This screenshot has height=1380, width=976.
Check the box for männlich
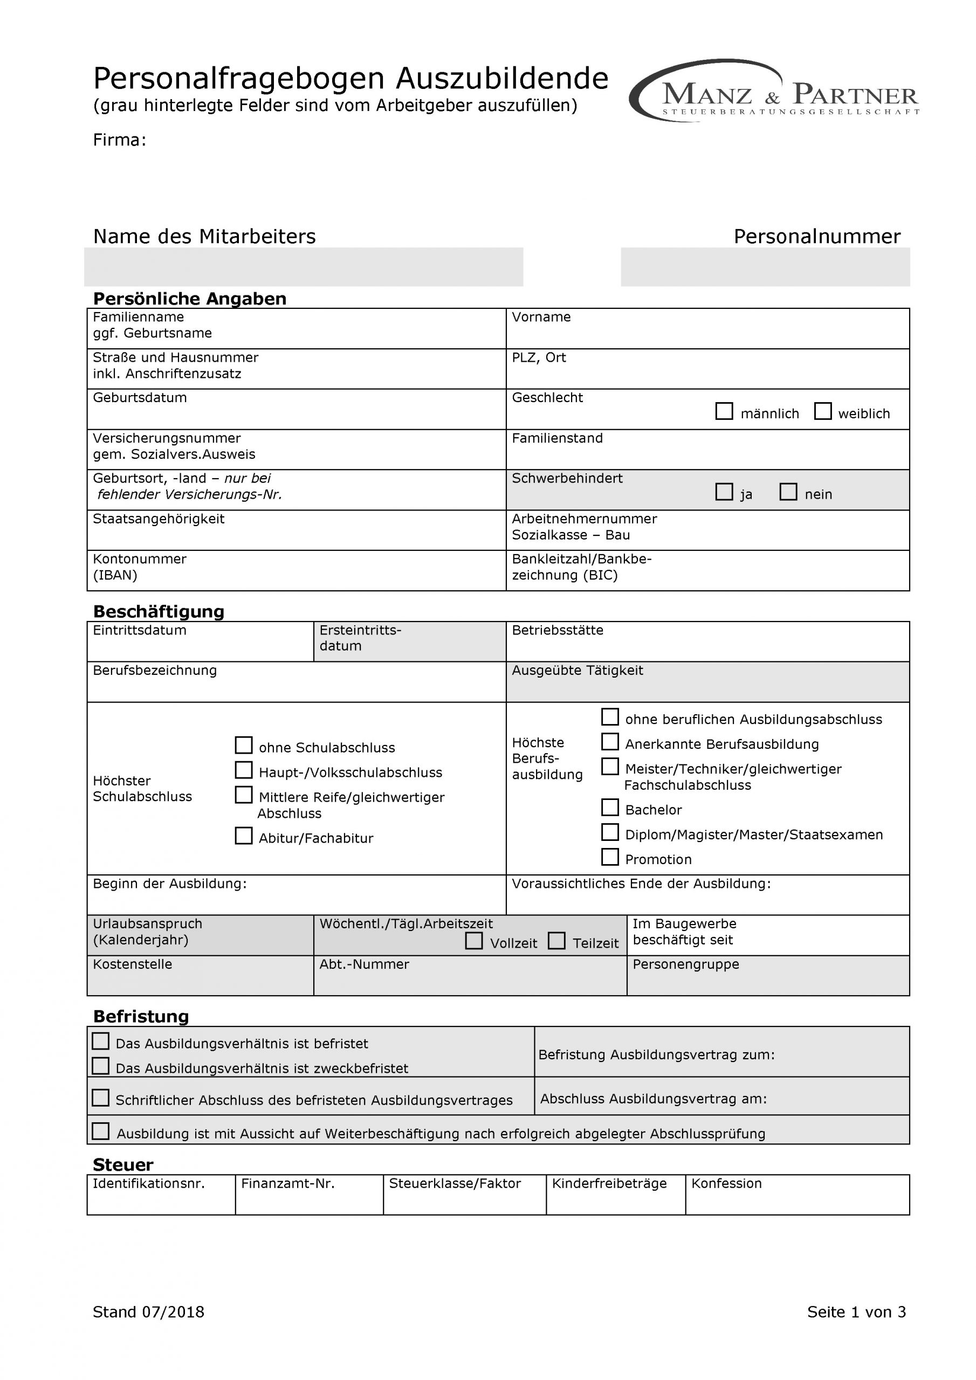[x=724, y=412]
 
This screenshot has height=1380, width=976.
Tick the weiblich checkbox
[x=822, y=412]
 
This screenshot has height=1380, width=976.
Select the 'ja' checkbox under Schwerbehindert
[x=724, y=492]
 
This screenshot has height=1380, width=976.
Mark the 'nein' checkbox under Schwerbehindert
[x=788, y=492]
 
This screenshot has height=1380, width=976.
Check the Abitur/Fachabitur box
[x=244, y=836]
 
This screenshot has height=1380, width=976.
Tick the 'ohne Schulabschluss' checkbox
[x=244, y=746]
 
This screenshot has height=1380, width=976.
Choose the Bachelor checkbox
[x=610, y=807]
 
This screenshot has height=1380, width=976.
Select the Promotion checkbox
[x=610, y=857]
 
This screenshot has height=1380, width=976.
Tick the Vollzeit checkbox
[x=474, y=941]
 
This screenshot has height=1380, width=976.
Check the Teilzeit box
[x=557, y=941]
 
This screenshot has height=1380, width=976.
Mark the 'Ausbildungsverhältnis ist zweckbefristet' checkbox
[x=100, y=1066]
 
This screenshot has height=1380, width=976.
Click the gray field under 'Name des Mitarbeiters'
[x=303, y=267]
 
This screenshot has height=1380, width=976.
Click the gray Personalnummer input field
[x=765, y=267]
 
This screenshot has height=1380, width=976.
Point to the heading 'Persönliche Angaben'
[x=189, y=299]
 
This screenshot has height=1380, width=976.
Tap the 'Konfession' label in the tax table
[x=726, y=1183]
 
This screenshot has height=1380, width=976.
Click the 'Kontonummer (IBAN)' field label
[x=140, y=567]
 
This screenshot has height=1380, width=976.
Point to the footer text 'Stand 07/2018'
[x=148, y=1312]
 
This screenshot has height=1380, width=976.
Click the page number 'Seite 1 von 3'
[x=856, y=1312]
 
